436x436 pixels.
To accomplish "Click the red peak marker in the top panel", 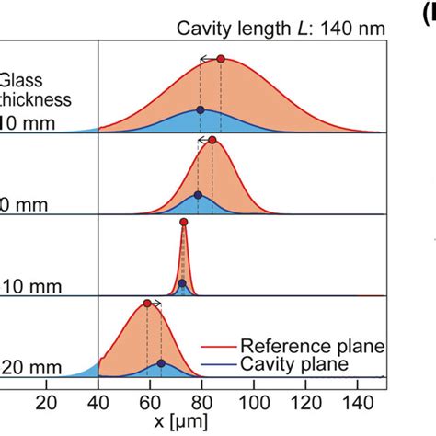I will point(220,59).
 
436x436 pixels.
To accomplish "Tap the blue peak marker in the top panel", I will point(201,109).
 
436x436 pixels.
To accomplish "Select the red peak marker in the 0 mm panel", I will point(212,140).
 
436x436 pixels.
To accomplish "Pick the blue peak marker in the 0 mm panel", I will point(198,195).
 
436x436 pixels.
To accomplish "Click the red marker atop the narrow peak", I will point(183,222).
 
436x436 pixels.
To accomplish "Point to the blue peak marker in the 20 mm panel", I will point(161,363).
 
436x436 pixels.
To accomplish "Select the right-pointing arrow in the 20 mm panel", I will point(155,303).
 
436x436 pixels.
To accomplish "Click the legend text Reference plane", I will point(312,346).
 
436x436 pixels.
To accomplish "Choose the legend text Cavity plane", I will point(294,364).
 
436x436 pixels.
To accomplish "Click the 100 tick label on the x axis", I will point(253,402).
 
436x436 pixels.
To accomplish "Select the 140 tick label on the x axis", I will point(358,402).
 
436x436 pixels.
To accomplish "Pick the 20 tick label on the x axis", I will point(46,402).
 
